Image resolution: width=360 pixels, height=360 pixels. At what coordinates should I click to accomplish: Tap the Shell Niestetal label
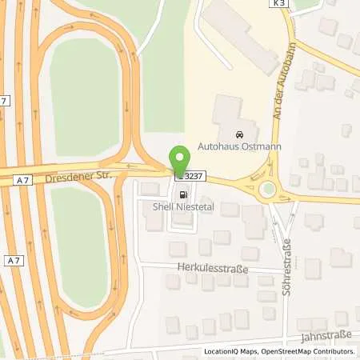(180, 205)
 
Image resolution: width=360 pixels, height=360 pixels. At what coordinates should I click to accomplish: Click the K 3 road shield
(277, 5)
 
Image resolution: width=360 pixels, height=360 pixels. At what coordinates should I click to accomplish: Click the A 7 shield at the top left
(6, 99)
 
